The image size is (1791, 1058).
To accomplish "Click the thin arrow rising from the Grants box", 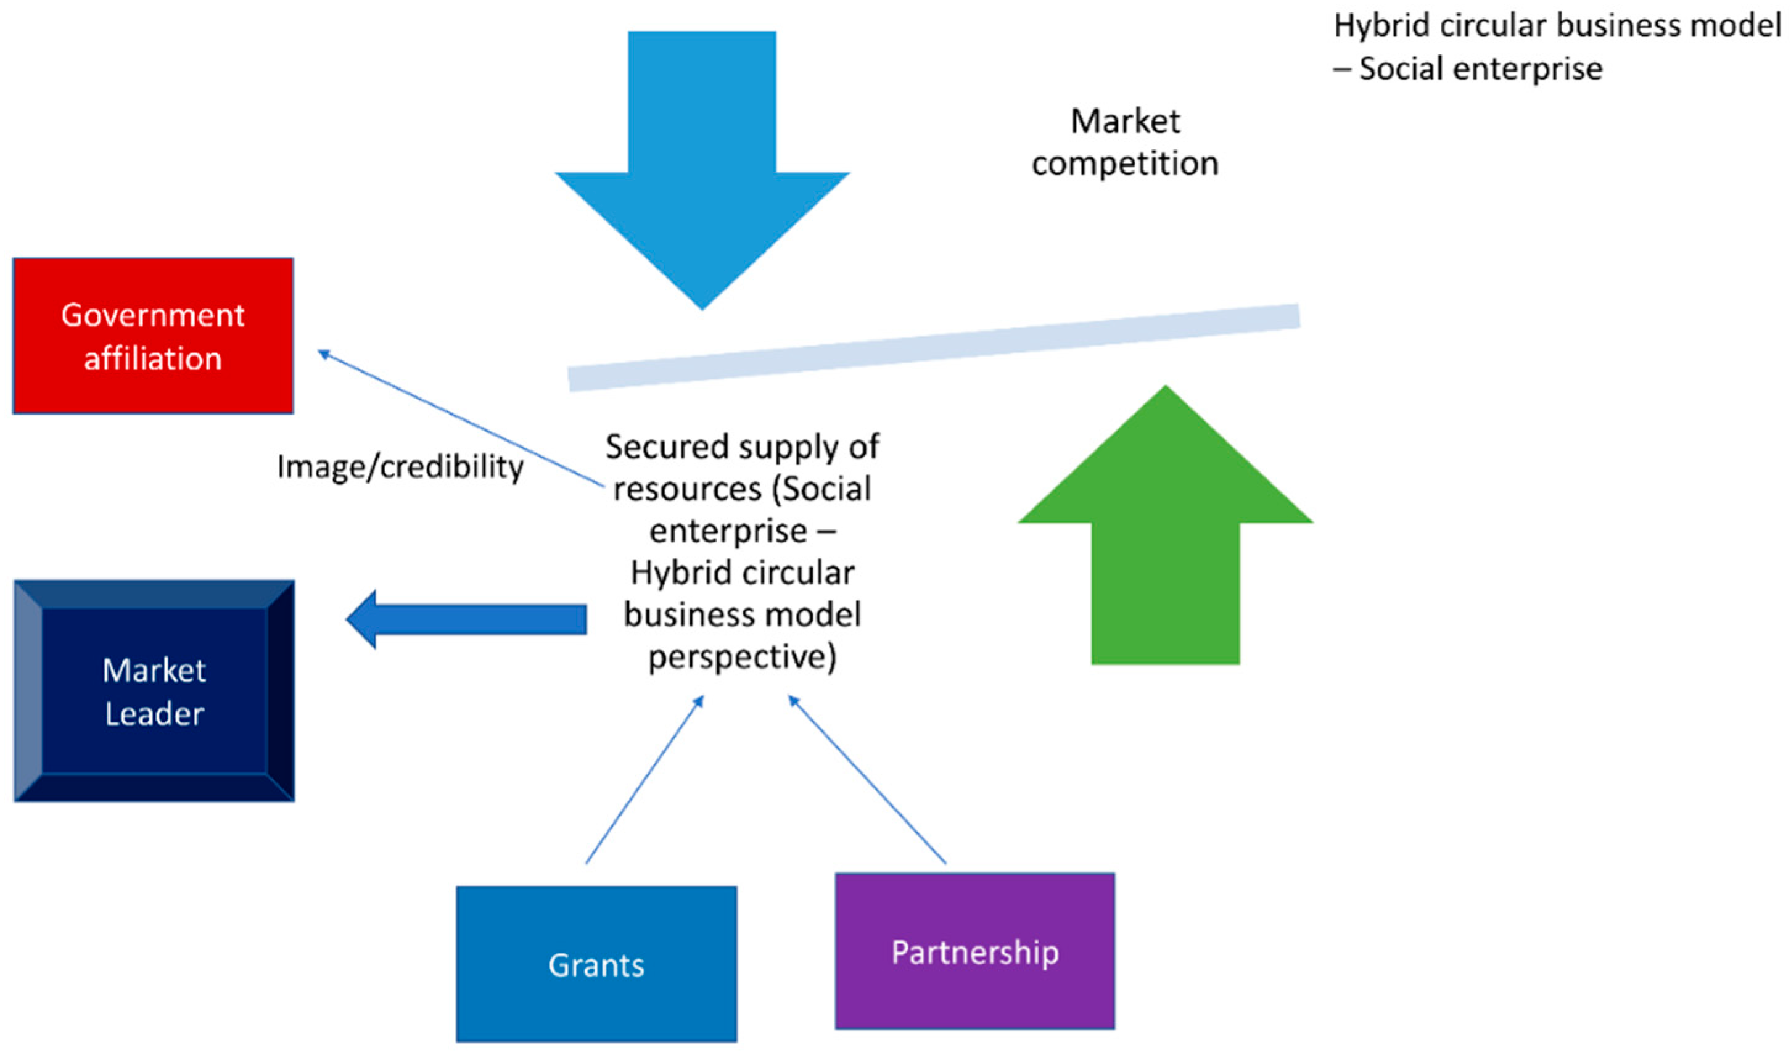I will [643, 780].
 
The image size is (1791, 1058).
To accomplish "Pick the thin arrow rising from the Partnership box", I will [867, 780].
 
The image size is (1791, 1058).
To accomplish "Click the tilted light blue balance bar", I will [934, 347].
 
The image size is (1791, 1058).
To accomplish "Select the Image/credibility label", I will [400, 468].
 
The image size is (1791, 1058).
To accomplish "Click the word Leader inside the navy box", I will [155, 714].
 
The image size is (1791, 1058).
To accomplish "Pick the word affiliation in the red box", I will [152, 358].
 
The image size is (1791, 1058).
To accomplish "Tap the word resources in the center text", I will [687, 489].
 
